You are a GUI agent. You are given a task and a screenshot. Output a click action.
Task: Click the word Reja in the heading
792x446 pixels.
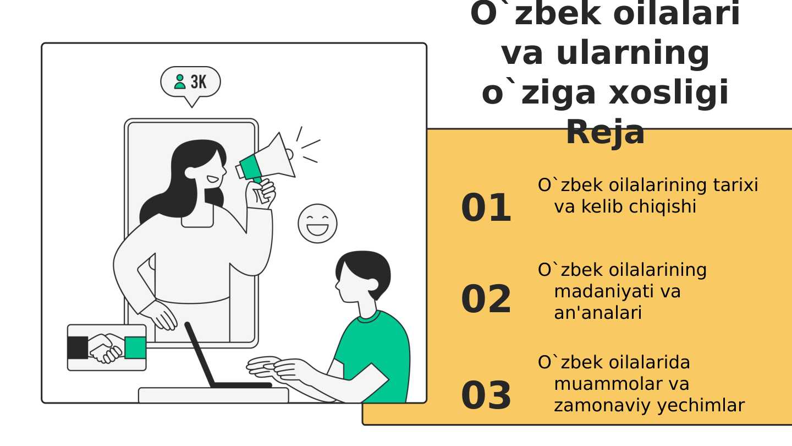click(x=606, y=132)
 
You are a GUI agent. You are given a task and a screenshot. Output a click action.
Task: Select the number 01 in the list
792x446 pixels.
click(x=486, y=208)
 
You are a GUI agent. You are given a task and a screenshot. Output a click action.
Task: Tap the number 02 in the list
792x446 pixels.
click(x=486, y=300)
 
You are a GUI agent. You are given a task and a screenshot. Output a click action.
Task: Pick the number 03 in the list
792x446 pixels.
click(x=486, y=395)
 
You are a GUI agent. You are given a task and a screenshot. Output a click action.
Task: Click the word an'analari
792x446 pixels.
click(x=597, y=313)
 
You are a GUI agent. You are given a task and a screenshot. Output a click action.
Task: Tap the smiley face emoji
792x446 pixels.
click(x=317, y=224)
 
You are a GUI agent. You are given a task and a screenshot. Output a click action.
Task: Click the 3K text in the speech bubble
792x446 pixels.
click(x=199, y=81)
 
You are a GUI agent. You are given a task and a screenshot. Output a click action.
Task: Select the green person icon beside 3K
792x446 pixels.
click(x=180, y=81)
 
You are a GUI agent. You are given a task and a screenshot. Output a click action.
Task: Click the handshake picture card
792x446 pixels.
click(x=107, y=347)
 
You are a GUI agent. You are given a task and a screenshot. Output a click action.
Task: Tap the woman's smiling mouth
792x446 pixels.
click(x=213, y=179)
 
